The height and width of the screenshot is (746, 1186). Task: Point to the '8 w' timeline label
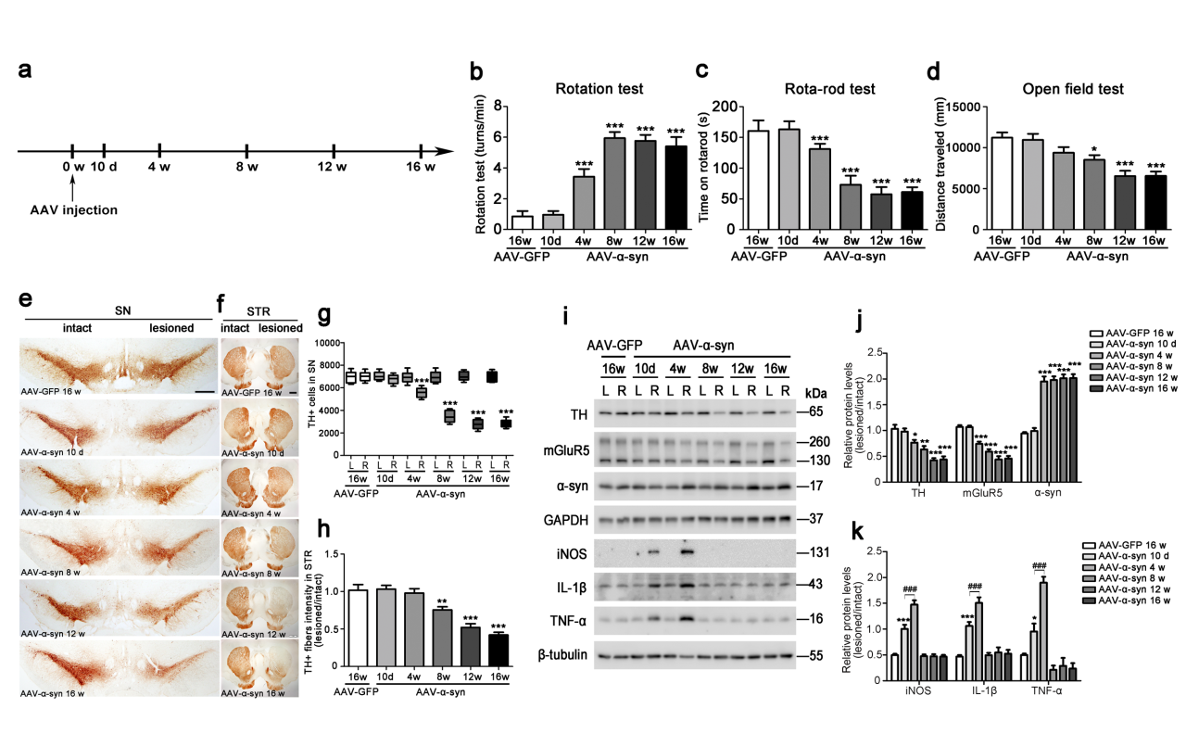tap(247, 167)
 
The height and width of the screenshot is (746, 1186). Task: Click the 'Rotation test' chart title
tap(599, 89)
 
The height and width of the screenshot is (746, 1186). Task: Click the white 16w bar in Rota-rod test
tap(759, 181)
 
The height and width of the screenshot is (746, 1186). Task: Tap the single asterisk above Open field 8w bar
tap(1094, 148)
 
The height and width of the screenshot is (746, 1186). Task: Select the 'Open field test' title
tap(1073, 89)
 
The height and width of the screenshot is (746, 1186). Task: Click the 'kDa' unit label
tap(815, 393)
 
